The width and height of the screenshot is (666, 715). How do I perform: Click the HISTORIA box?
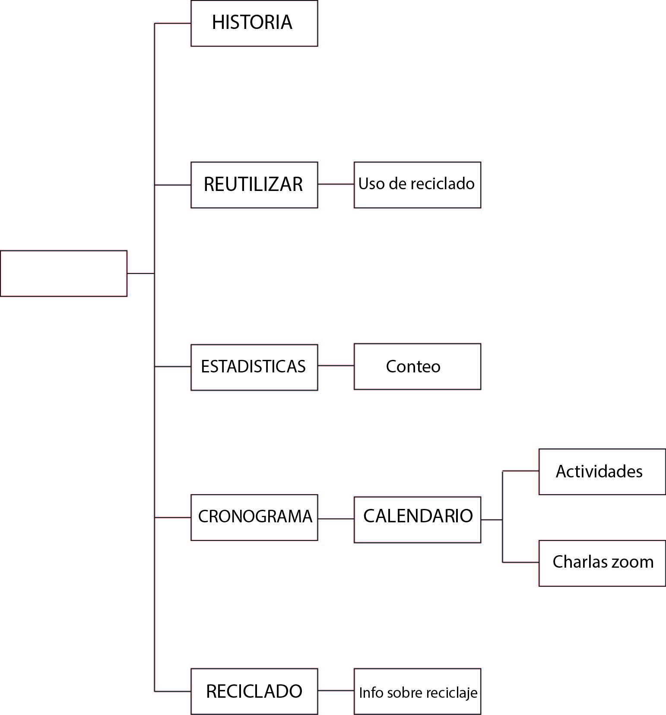(x=254, y=23)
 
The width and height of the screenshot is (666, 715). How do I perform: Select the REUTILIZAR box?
(x=254, y=185)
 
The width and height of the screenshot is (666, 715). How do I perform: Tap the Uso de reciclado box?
(x=417, y=185)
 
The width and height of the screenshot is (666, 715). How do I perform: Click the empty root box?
(x=63, y=273)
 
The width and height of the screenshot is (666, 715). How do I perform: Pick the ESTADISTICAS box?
(x=254, y=367)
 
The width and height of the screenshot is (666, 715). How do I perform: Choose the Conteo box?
(x=417, y=366)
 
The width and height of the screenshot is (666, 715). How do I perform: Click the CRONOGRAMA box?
(x=254, y=517)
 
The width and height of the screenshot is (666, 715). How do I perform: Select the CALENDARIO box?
(x=417, y=519)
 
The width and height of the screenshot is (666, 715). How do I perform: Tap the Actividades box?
(x=602, y=472)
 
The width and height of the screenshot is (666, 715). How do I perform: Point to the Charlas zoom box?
(x=602, y=563)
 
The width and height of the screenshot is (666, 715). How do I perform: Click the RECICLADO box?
(x=254, y=691)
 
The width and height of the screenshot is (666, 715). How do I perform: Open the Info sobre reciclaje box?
(x=417, y=691)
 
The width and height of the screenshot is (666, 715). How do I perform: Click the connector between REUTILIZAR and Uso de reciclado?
(x=336, y=184)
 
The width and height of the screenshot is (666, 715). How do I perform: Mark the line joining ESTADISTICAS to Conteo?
(x=336, y=365)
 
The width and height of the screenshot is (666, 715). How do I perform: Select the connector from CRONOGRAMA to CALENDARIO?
(x=336, y=518)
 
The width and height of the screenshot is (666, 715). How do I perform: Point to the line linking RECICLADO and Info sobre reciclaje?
(x=336, y=690)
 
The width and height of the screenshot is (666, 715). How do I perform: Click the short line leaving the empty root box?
(x=140, y=273)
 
